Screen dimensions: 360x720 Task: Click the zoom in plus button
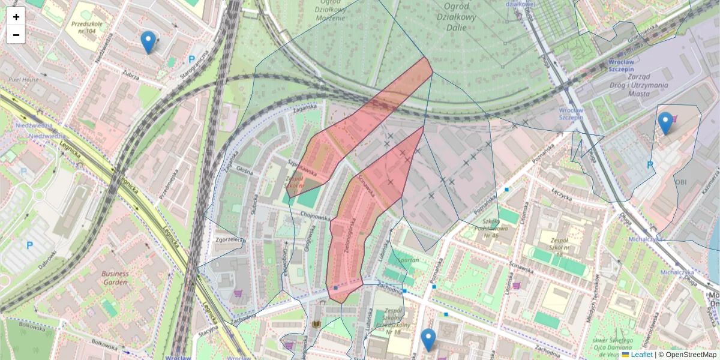click(x=16, y=17)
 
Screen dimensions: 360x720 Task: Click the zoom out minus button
click(x=16, y=35)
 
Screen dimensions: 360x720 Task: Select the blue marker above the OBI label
click(x=665, y=124)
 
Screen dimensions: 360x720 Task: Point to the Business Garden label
click(x=115, y=277)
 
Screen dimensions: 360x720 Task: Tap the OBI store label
click(x=681, y=182)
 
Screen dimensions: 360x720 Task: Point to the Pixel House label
click(x=23, y=79)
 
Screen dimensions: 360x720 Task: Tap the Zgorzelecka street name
click(x=229, y=239)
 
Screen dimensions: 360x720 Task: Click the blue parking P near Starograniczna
click(x=191, y=59)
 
